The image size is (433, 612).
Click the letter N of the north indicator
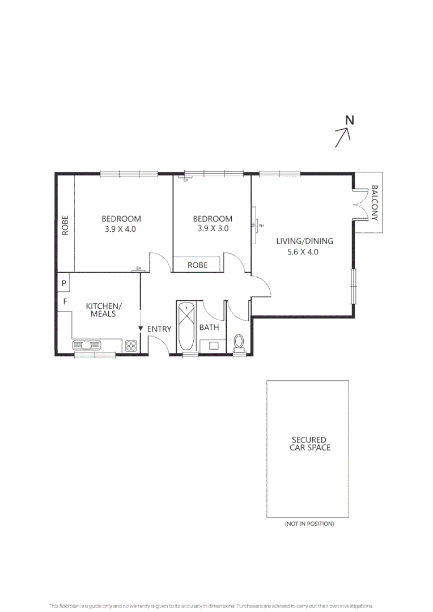click(350, 120)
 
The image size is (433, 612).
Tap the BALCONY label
click(374, 202)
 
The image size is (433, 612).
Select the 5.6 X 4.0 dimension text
click(303, 252)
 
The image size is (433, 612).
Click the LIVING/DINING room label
click(304, 241)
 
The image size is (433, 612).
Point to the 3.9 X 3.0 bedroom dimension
click(213, 229)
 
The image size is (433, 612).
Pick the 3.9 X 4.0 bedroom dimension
click(121, 229)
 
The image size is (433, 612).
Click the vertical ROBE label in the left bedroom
click(65, 225)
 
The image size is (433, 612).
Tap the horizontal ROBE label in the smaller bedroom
click(197, 265)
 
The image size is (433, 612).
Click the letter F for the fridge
click(65, 301)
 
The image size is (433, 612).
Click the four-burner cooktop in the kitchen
click(131, 345)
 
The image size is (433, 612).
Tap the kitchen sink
click(87, 345)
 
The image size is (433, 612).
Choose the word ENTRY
click(159, 329)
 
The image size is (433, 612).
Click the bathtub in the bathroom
click(185, 328)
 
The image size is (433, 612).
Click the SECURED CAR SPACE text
click(308, 443)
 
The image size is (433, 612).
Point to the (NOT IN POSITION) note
click(309, 524)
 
